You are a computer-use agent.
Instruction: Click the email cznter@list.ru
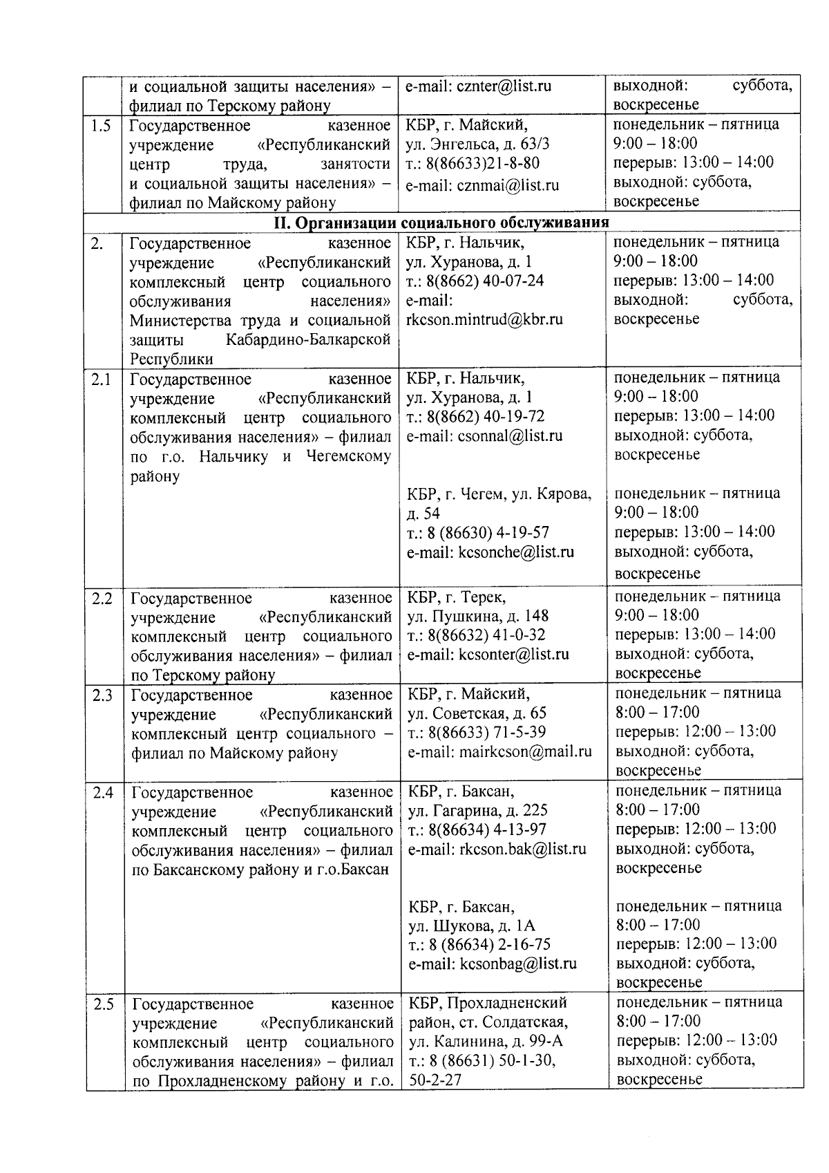tap(503, 86)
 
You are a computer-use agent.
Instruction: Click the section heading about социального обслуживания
tap(441, 222)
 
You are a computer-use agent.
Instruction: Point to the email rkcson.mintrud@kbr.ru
tap(484, 319)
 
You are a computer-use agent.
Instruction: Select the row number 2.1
tap(101, 379)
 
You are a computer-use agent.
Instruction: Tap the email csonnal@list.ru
tap(510, 436)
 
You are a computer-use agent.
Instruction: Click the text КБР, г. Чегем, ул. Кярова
tap(499, 494)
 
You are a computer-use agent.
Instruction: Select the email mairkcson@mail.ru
tap(526, 751)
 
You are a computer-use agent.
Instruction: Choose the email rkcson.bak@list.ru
tap(522, 849)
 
